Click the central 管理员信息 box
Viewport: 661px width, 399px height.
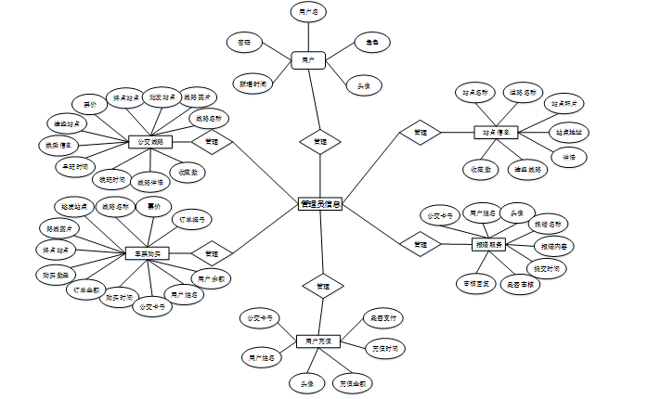click(x=320, y=203)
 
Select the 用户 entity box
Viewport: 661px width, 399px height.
click(x=306, y=58)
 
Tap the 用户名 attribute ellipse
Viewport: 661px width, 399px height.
click(x=308, y=13)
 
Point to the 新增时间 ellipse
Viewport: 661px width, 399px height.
click(x=252, y=84)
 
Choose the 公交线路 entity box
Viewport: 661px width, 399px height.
click(x=150, y=142)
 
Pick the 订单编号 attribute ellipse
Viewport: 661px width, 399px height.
click(x=193, y=221)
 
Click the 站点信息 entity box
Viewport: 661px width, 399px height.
click(x=495, y=133)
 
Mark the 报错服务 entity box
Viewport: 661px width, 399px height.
click(x=488, y=244)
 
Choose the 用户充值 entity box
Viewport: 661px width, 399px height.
click(x=318, y=341)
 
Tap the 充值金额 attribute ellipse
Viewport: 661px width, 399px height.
click(x=353, y=382)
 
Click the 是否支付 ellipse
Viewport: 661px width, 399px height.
click(x=382, y=319)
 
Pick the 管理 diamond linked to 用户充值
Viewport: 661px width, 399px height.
click(x=321, y=285)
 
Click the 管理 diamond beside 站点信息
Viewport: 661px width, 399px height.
click(x=421, y=133)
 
